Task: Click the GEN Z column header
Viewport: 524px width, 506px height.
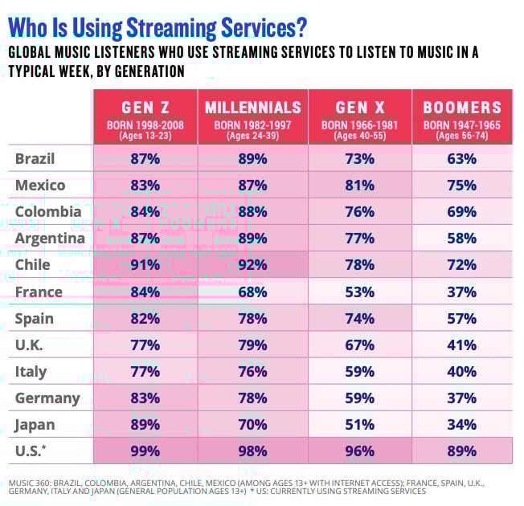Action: pyautogui.click(x=145, y=108)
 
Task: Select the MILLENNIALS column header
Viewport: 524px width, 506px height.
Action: pyautogui.click(x=253, y=108)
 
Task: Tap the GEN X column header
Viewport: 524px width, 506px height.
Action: pyautogui.click(x=360, y=108)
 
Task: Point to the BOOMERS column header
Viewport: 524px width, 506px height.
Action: pyautogui.click(x=462, y=108)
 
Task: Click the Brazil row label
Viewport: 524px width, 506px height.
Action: pyautogui.click(x=35, y=158)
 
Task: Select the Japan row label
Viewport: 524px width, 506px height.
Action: pyautogui.click(x=35, y=424)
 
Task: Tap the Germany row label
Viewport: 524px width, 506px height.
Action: pyautogui.click(x=47, y=398)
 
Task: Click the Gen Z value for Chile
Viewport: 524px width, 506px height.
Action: pyautogui.click(x=145, y=264)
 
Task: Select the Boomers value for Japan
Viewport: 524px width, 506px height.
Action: pyautogui.click(x=462, y=424)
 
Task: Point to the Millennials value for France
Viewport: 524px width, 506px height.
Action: pyautogui.click(x=253, y=291)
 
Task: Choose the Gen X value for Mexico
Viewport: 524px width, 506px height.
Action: pyautogui.click(x=360, y=185)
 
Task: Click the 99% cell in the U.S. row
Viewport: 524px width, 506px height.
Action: pyautogui.click(x=145, y=451)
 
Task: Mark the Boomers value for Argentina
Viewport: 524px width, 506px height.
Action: pyautogui.click(x=462, y=238)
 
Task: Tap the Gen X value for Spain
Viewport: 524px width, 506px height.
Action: pyautogui.click(x=360, y=318)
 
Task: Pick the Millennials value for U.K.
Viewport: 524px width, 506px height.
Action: pyautogui.click(x=253, y=345)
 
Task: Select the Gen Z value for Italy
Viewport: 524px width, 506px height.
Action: pyautogui.click(x=145, y=371)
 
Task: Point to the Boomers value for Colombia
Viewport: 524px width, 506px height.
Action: pyautogui.click(x=462, y=211)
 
